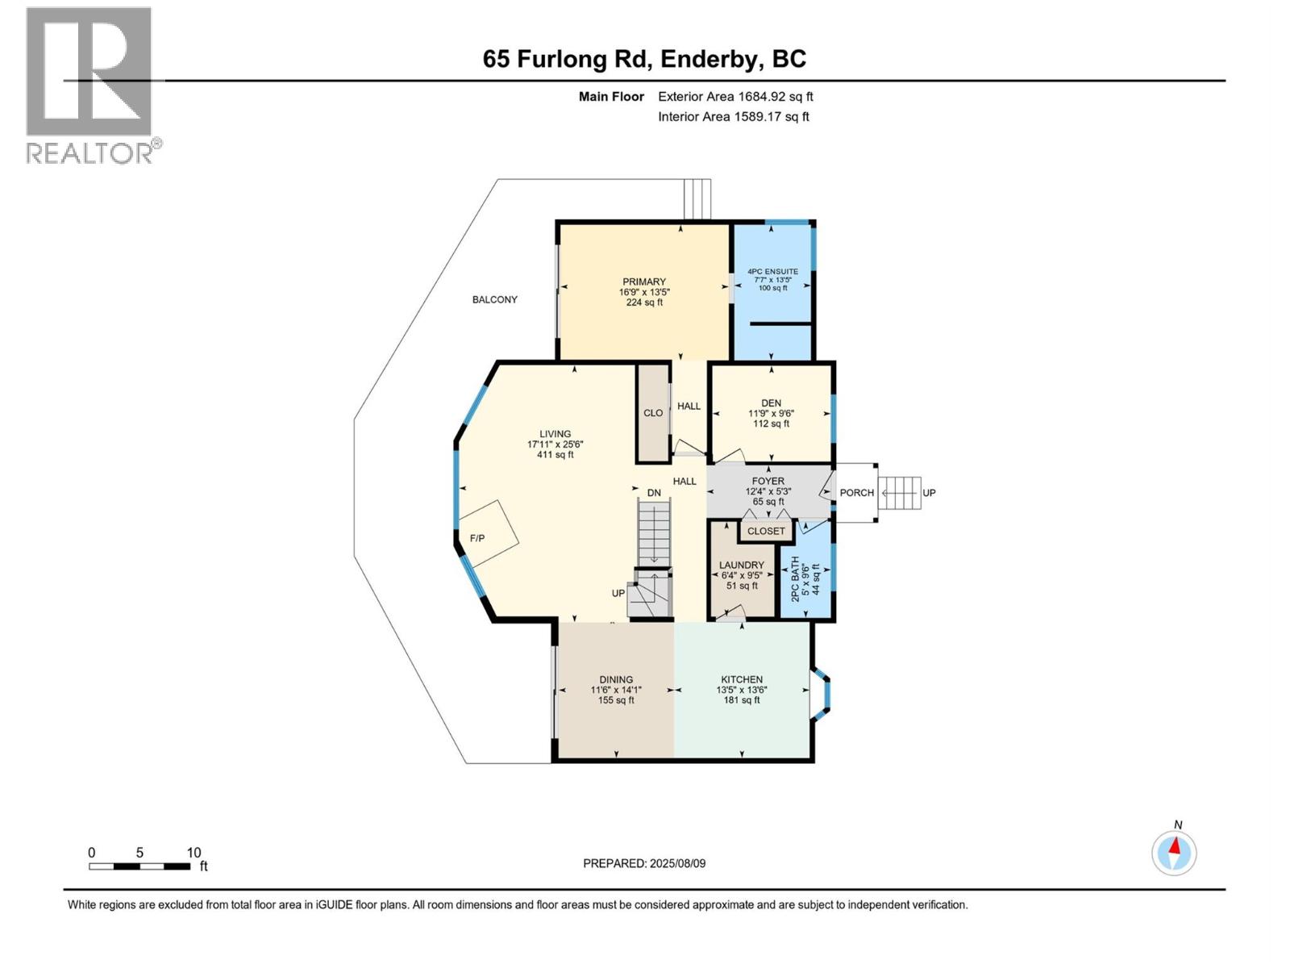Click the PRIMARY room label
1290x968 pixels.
643,282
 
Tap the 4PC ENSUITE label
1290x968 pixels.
772,272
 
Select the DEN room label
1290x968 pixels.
771,403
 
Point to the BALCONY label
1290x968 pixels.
494,299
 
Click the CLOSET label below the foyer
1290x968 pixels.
765,531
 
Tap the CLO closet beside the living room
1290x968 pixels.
653,413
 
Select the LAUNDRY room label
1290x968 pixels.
741,565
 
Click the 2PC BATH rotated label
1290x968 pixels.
796,578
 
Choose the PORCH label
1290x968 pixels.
856,493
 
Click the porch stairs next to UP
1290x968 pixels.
900,493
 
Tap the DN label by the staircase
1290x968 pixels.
654,493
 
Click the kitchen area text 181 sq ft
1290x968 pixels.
741,700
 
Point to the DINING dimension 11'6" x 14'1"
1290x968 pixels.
616,690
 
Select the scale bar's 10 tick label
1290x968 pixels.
193,853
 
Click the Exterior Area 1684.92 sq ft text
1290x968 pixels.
735,97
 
